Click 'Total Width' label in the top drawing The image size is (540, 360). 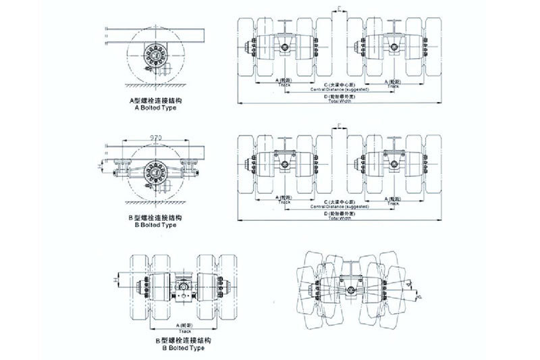coord(340,101)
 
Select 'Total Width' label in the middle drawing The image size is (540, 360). coord(340,218)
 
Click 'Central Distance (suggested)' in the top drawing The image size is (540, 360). coord(340,89)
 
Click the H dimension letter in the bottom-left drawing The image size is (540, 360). coord(115,277)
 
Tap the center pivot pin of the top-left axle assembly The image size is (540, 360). coord(286,47)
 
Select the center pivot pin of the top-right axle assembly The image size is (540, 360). coord(394,47)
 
